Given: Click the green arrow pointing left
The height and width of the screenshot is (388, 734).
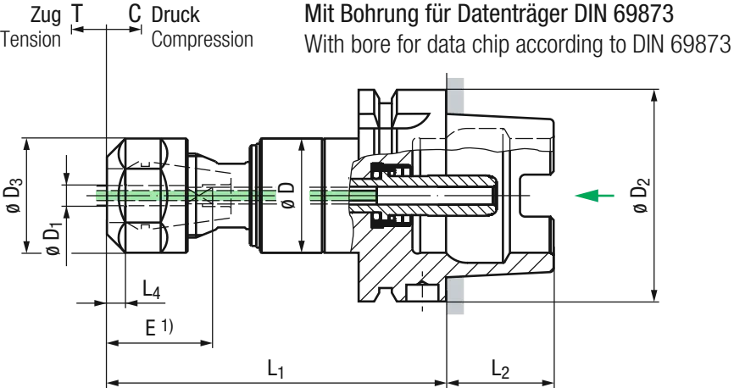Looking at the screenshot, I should pos(593,196).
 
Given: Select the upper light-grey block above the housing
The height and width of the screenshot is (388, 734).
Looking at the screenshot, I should pos(456,93).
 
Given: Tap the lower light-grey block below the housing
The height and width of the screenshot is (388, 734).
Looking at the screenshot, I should pos(456,298).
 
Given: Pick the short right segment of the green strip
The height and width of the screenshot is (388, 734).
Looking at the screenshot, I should pos(341,197).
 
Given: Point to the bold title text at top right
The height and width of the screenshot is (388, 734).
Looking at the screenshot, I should pos(492,14).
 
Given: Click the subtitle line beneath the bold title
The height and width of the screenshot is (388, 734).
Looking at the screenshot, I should pos(517,44).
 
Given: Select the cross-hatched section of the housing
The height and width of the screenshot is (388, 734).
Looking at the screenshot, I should pos(398,254).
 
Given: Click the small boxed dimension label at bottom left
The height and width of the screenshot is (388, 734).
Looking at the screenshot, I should pos(158,330).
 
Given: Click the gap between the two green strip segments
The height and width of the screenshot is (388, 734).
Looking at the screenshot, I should pos(292,197).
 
